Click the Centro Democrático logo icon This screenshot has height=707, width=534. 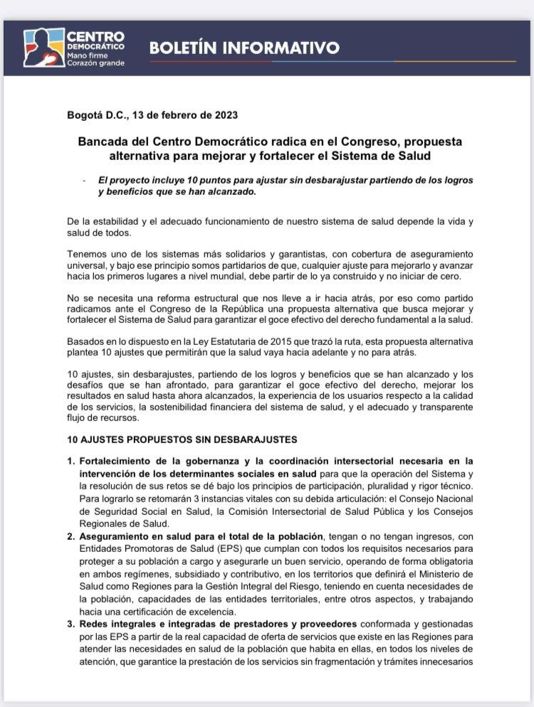click(x=43, y=48)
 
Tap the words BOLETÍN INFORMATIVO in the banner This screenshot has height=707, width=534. click(x=244, y=48)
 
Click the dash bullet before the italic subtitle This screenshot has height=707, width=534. click(x=84, y=181)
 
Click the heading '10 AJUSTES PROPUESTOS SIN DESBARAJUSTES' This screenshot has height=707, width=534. click(x=182, y=440)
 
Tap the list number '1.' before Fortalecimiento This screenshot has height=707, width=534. click(x=71, y=462)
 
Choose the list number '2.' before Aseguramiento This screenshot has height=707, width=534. click(x=71, y=536)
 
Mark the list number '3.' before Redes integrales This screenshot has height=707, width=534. click(x=71, y=624)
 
